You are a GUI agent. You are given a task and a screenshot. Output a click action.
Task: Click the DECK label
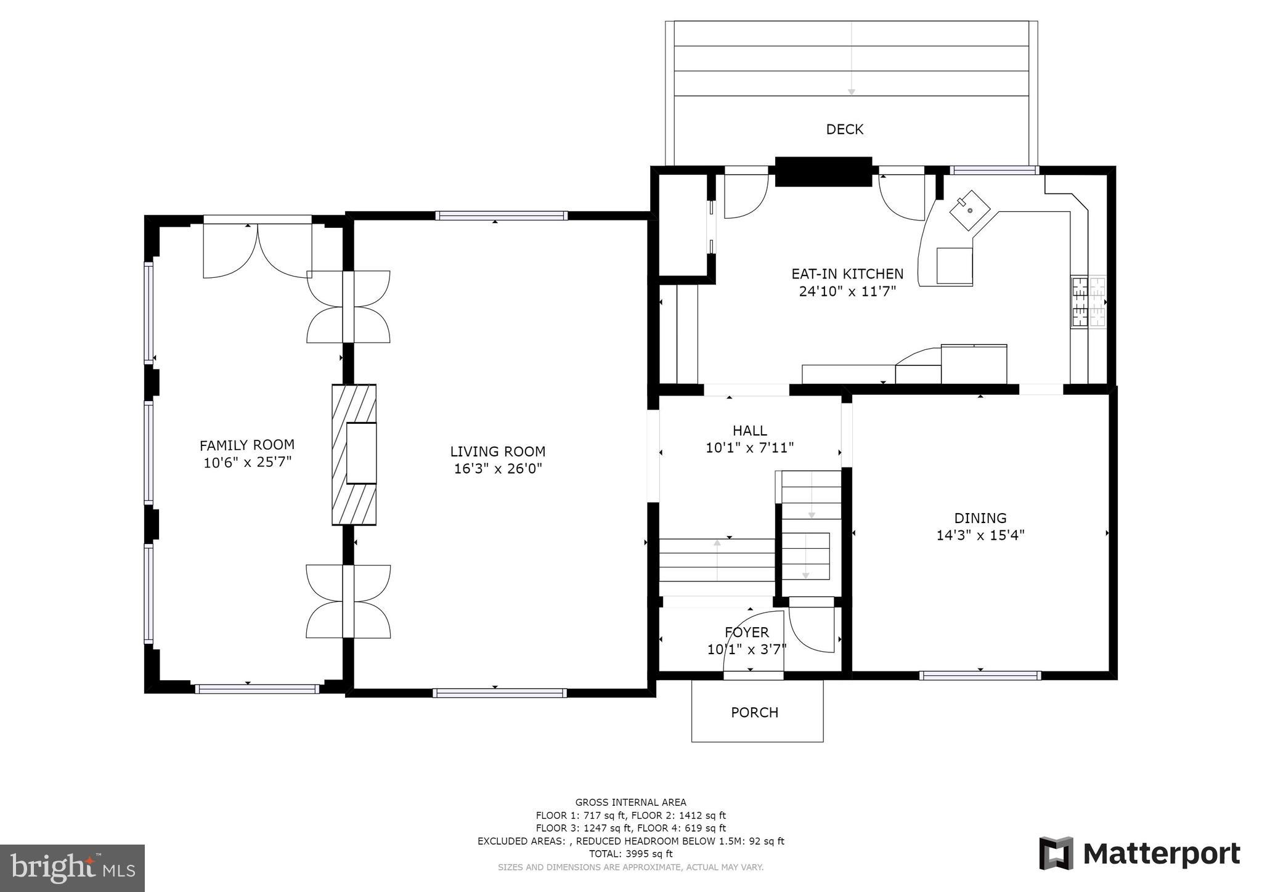tap(844, 129)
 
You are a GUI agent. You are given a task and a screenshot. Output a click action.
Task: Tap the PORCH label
tap(754, 713)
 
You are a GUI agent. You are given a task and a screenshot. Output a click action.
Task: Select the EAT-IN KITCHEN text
tap(847, 274)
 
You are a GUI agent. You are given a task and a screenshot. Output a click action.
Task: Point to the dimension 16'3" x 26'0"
tap(498, 469)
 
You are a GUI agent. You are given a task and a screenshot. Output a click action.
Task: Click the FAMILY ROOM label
tap(247, 445)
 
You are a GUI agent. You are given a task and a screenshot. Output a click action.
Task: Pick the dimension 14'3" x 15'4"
tap(980, 535)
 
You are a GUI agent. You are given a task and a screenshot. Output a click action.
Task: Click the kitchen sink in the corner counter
tap(969, 210)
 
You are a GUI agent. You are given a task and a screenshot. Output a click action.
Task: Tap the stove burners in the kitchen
tap(1088, 302)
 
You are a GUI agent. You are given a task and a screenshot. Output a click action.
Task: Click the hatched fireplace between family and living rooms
tap(354, 455)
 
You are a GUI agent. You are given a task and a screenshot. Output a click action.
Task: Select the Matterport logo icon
tap(1056, 853)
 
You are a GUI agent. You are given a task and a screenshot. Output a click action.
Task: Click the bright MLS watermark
tap(72, 868)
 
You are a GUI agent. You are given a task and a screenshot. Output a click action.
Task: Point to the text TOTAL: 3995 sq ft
tap(630, 854)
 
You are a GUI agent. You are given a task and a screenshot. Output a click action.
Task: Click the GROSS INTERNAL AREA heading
tap(630, 802)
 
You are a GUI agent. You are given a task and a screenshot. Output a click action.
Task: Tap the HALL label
tap(750, 431)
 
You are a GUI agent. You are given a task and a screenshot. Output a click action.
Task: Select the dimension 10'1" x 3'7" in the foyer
tap(747, 649)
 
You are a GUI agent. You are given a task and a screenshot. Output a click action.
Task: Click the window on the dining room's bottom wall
tap(980, 675)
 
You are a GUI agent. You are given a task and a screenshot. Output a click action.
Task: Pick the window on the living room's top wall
tap(501, 216)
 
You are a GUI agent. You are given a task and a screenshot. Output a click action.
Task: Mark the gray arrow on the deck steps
tap(851, 57)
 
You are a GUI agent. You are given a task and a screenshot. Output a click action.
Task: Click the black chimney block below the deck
tap(823, 171)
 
